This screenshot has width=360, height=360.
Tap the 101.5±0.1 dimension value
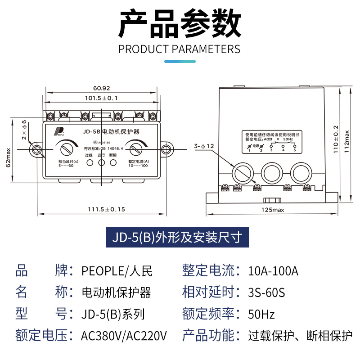(102, 98)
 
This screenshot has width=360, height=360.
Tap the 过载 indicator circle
(89, 162)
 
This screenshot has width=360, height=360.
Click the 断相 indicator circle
(113, 162)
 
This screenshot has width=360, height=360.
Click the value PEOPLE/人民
(117, 271)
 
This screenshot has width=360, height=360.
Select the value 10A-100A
(273, 271)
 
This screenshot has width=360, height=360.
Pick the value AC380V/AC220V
(124, 336)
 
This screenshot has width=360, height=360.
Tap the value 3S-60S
(266, 292)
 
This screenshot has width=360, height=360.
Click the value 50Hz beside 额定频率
(261, 314)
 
